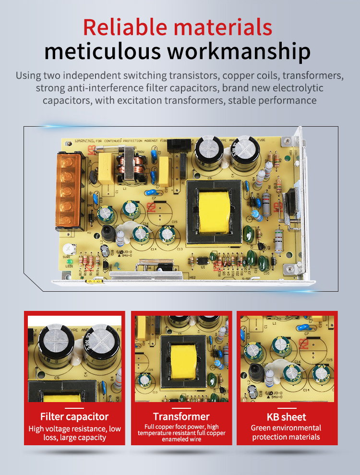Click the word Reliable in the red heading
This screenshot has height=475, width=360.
coord(125,27)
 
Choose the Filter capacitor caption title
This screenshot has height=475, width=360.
coord(74,416)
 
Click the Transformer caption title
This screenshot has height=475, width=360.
coord(181,416)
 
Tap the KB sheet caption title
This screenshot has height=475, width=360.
coord(286,416)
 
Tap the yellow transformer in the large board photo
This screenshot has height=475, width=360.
coord(214,212)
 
